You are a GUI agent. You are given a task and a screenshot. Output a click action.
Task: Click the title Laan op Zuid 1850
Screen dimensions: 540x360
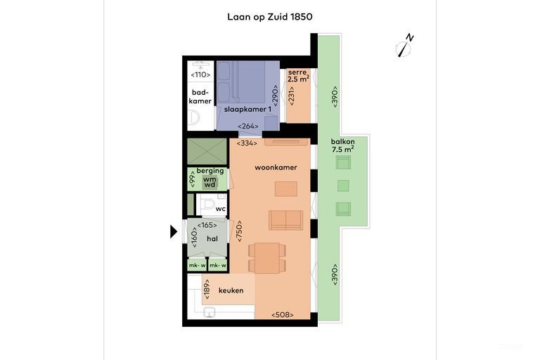point(270,17)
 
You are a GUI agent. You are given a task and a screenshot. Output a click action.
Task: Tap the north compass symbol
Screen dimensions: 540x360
point(404,46)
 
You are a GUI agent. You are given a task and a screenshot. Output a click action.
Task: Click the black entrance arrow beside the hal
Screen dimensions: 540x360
point(174,231)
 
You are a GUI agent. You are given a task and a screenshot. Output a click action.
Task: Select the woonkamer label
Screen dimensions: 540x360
point(276,167)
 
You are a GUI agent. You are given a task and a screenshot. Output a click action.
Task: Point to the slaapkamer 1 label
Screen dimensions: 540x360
point(247,109)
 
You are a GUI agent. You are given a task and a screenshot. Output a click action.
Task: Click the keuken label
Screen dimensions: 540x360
point(231,290)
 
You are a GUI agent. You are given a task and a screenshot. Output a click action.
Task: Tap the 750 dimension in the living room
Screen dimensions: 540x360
point(239,231)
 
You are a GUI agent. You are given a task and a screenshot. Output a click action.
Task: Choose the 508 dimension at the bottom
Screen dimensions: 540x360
point(283,314)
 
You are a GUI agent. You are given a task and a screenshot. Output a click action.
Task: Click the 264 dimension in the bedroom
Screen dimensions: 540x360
point(248,126)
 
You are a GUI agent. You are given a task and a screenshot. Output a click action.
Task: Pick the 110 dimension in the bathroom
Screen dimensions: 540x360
point(200,75)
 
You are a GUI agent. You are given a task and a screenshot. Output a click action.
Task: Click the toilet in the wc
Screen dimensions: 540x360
point(207,205)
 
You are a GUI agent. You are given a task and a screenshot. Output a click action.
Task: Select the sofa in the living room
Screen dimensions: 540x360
point(286,220)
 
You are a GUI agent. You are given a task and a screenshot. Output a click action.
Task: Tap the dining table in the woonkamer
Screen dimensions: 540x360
point(267,258)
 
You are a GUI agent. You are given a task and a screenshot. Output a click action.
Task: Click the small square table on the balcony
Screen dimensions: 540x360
point(343,186)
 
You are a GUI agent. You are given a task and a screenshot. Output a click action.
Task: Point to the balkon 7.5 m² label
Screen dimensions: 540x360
point(342,146)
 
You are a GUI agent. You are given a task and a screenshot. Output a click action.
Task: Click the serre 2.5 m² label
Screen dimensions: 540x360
point(298,75)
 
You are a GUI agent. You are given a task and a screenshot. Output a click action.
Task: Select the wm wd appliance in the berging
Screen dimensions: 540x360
point(210,182)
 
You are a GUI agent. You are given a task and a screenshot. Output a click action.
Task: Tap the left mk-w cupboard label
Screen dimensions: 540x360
point(198,265)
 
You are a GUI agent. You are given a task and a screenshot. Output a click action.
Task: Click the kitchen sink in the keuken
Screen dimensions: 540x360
point(209,312)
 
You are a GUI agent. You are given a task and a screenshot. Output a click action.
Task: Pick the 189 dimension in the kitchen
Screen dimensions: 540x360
point(207,289)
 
